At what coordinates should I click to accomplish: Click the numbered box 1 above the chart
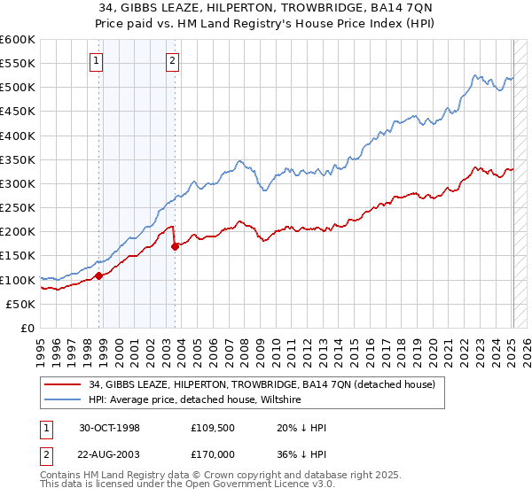coord(95,61)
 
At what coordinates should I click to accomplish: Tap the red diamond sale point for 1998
coord(99,275)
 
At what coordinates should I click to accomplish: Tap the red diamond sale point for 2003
coord(175,246)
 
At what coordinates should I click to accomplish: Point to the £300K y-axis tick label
coord(17,183)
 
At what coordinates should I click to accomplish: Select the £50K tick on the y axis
coord(20,304)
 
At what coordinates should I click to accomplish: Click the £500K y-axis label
coord(17,88)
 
